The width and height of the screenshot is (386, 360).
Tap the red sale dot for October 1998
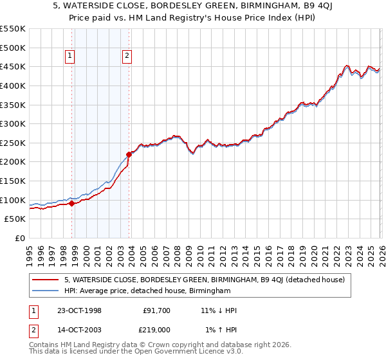click(x=72, y=203)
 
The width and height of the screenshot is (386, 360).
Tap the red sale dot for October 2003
click(x=129, y=154)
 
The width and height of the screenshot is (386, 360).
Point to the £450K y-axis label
click(x=13, y=67)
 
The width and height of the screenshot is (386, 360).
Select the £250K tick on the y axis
click(x=13, y=143)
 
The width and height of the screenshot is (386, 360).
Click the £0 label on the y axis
click(x=20, y=238)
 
